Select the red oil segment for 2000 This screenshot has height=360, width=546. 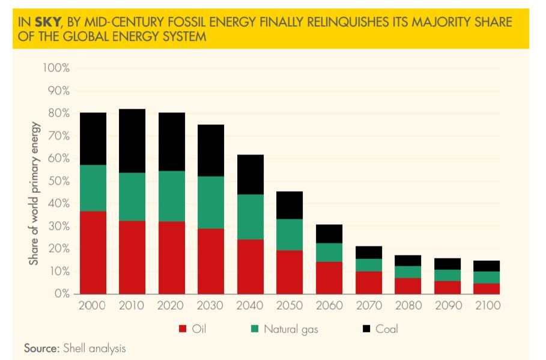[93, 252]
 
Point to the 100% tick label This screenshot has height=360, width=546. [56, 68]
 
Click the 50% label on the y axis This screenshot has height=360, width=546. [59, 181]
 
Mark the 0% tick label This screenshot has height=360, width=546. [61, 294]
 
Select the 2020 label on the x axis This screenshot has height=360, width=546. [171, 306]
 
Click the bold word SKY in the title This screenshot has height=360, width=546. [47, 22]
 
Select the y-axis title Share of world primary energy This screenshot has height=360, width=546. [34, 194]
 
